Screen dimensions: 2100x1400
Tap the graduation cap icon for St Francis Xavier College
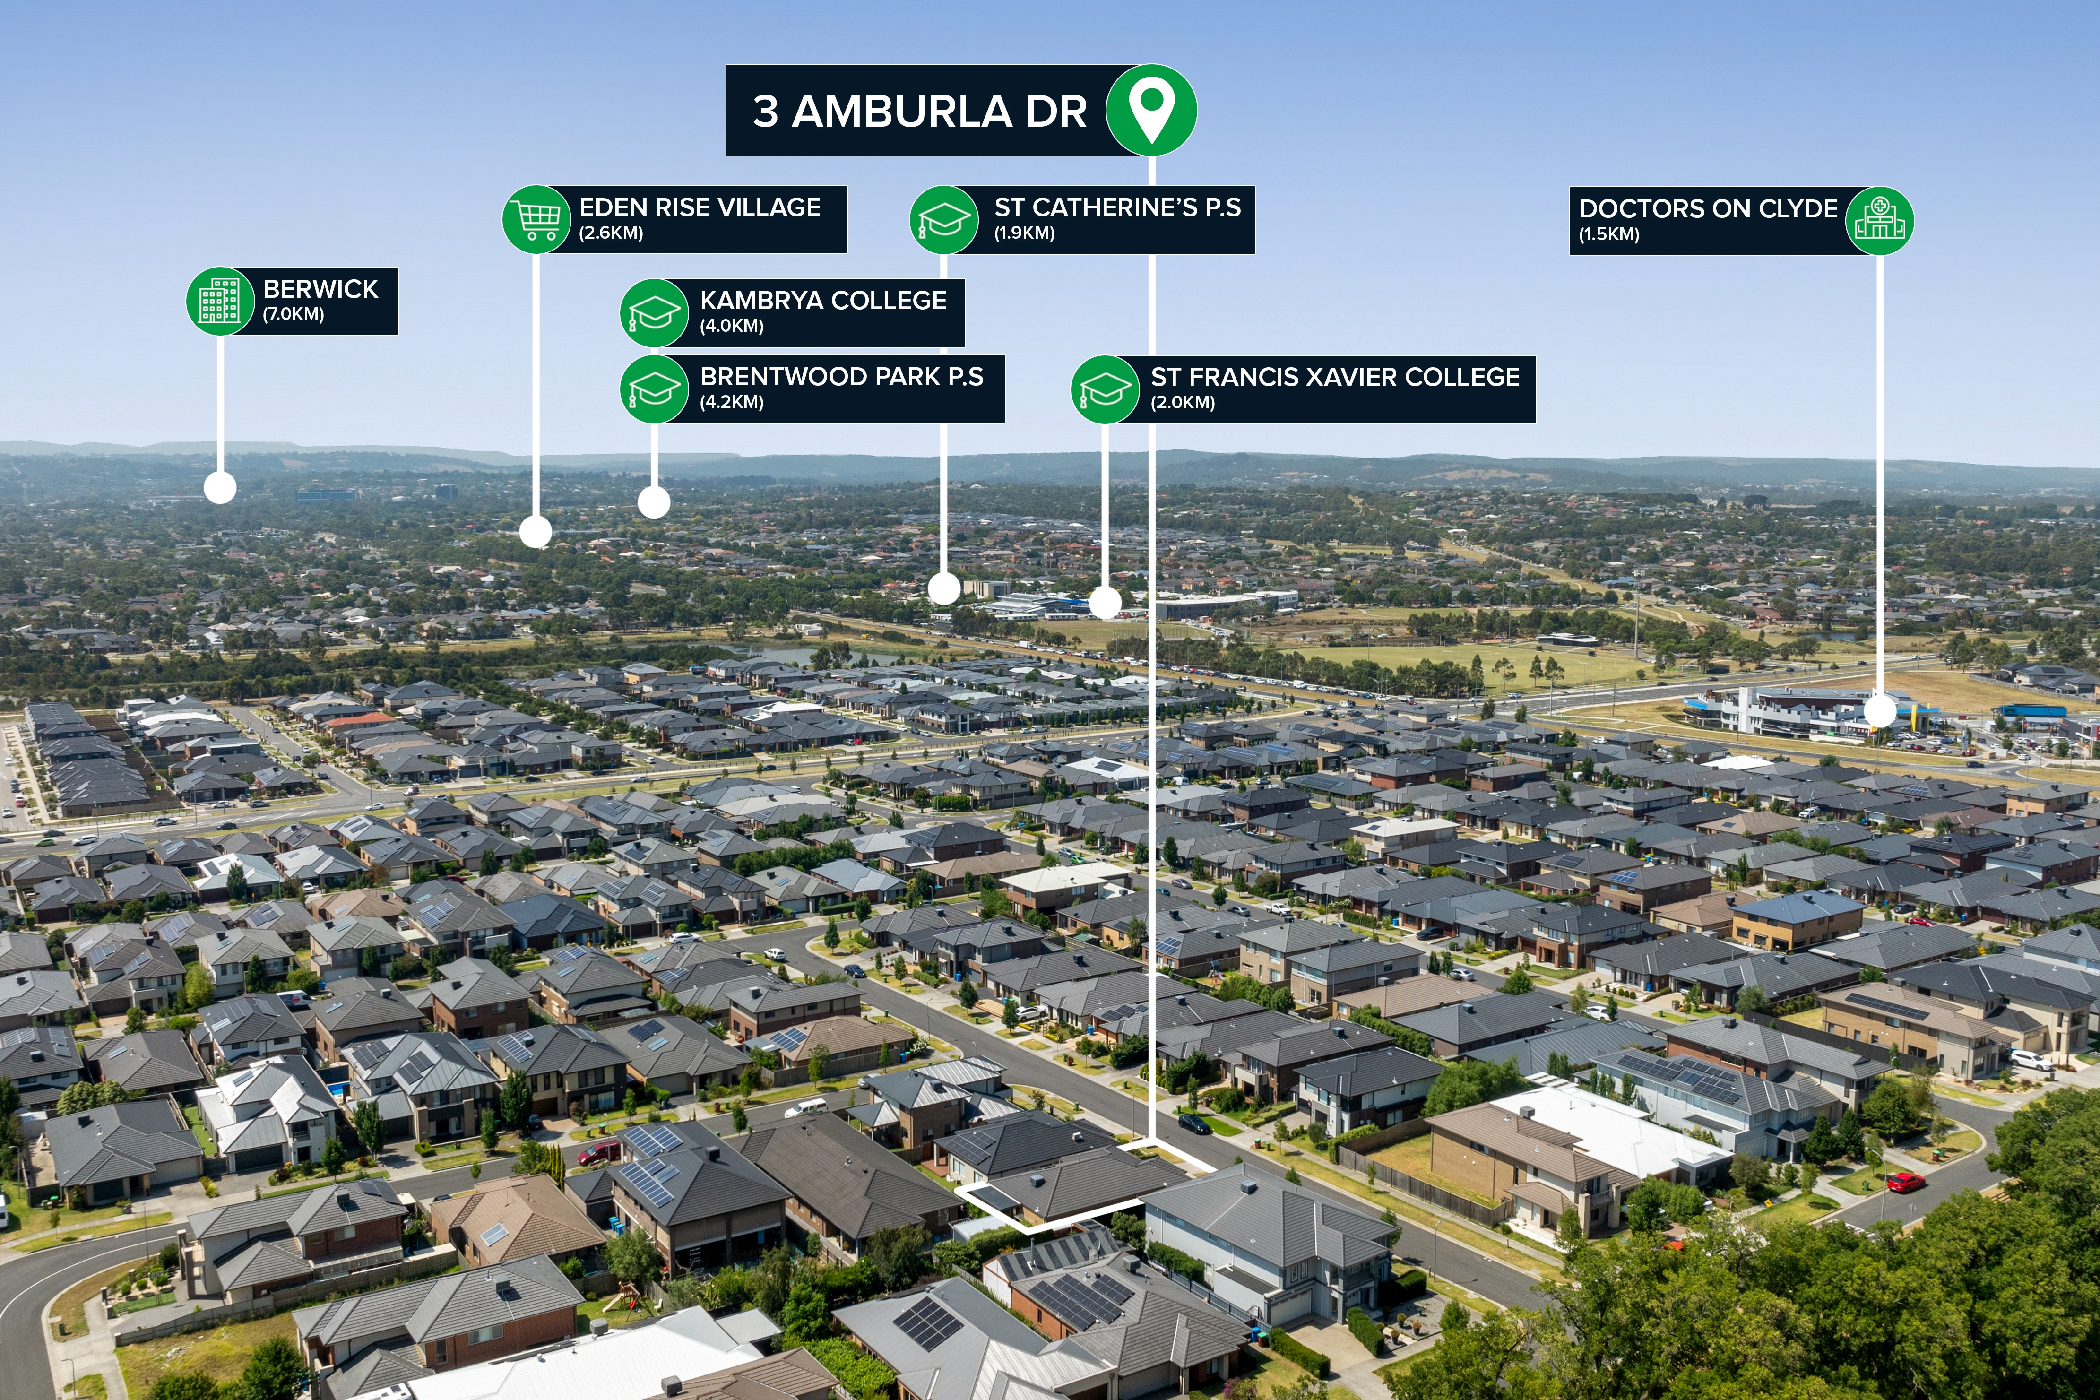click(x=1106, y=389)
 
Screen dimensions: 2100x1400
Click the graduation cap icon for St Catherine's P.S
click(x=944, y=220)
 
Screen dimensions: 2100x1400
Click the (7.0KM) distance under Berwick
click(x=293, y=314)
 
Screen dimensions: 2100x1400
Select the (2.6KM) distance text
click(x=611, y=233)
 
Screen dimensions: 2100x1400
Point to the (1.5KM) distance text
click(x=1609, y=235)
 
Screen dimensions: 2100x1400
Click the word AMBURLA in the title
click(x=902, y=112)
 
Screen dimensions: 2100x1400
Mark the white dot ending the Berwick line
click(x=220, y=487)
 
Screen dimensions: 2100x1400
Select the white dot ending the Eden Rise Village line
click(x=536, y=531)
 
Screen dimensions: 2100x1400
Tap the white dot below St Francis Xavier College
click(x=1106, y=603)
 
